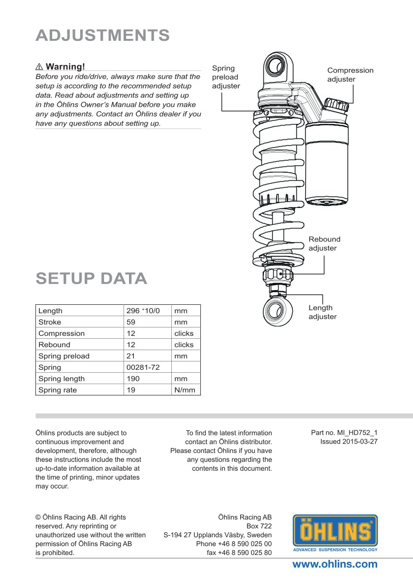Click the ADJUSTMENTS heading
(x=102, y=35)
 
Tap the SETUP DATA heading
(x=91, y=278)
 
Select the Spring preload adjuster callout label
(x=225, y=77)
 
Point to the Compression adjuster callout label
(x=350, y=75)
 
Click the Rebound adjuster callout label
(x=324, y=244)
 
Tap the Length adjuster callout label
(x=322, y=312)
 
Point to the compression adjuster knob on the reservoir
(x=337, y=104)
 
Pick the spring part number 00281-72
(x=143, y=367)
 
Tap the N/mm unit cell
(x=185, y=390)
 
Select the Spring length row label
(x=62, y=379)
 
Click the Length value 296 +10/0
(x=143, y=311)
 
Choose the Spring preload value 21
(x=131, y=356)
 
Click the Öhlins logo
(x=335, y=532)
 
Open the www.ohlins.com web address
(x=335, y=564)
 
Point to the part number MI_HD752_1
(x=344, y=433)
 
